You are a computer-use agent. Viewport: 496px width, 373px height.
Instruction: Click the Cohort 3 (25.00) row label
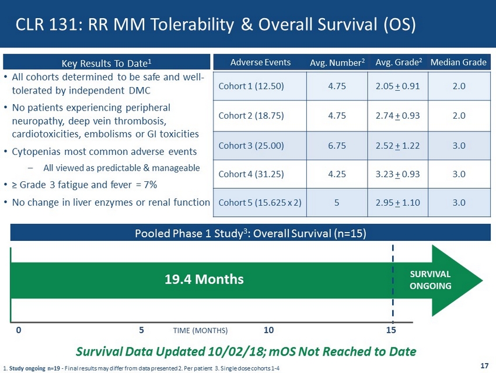click(252, 145)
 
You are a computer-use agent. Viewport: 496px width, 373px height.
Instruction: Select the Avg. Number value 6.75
click(338, 145)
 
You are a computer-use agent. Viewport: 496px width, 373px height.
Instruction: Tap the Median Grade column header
click(459, 63)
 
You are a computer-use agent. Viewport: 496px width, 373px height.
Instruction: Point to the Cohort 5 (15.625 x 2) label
click(260, 203)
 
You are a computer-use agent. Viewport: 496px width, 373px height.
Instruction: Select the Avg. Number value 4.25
click(338, 174)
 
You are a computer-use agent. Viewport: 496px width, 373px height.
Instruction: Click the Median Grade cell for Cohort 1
click(459, 86)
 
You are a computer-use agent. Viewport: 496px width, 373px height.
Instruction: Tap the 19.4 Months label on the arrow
click(203, 279)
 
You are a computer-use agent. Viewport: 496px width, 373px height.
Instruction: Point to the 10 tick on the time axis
click(268, 330)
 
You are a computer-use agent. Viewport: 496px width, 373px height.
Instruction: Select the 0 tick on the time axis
click(19, 330)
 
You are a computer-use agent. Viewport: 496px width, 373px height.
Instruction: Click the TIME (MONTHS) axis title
click(201, 330)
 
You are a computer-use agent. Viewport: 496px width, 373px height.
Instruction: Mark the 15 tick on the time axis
click(391, 330)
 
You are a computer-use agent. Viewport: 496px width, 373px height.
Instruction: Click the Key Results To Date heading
click(107, 63)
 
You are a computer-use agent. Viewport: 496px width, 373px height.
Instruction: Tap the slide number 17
click(484, 366)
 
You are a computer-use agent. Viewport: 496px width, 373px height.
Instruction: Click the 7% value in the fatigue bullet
click(149, 185)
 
